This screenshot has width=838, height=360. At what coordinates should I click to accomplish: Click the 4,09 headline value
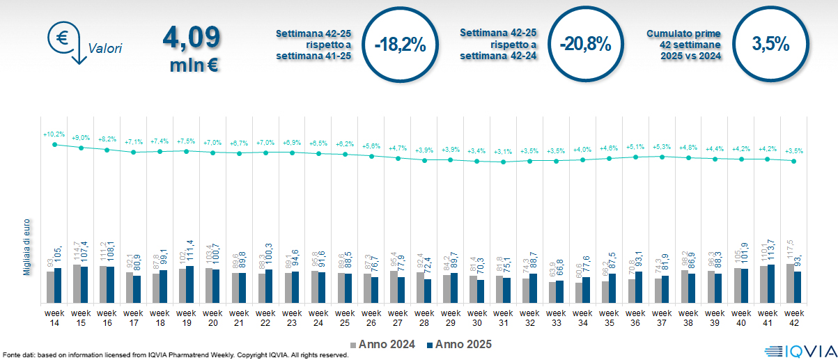click(192, 38)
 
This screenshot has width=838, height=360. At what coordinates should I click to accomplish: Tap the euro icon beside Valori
click(62, 38)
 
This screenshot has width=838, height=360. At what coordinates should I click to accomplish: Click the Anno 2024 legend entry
click(383, 344)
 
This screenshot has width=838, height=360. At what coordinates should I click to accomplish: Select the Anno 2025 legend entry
click(458, 344)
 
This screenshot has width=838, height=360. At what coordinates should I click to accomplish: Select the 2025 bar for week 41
click(771, 283)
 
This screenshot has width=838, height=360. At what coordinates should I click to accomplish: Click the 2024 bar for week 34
click(578, 292)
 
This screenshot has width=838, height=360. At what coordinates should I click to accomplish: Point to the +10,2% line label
click(54, 134)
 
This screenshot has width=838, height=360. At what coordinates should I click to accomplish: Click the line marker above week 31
click(503, 162)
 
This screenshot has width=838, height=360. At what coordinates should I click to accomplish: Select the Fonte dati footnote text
click(174, 355)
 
